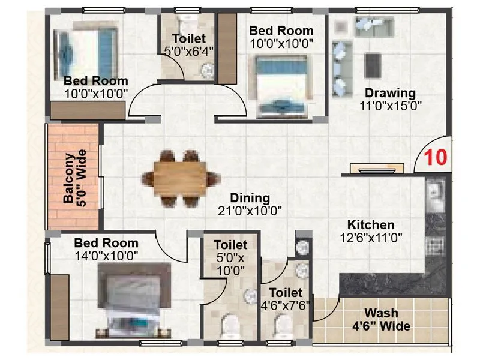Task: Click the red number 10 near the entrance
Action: (436, 158)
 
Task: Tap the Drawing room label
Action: (390, 93)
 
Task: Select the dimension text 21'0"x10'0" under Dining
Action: (250, 211)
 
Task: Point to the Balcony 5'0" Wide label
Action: (76, 178)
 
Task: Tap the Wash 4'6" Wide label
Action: (381, 314)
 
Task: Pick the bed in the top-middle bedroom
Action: (281, 85)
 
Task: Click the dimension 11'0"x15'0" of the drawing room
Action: (390, 106)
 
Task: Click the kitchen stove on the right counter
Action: (433, 245)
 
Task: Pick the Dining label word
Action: (250, 198)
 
